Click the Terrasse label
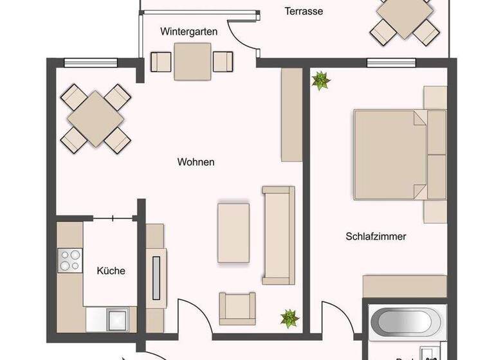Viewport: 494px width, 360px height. (304, 11)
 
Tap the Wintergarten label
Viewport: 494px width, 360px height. (188, 31)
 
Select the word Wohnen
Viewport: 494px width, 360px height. (196, 162)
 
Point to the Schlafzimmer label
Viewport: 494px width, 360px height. (376, 237)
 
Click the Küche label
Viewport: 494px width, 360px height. (111, 271)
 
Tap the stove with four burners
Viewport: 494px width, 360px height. (69, 259)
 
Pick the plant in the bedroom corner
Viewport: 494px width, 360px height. (320, 81)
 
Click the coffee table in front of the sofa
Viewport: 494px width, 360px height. (233, 232)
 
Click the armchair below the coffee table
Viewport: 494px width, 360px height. (237, 308)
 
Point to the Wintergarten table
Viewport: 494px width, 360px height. (192, 62)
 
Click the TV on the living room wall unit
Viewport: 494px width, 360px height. (155, 277)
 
